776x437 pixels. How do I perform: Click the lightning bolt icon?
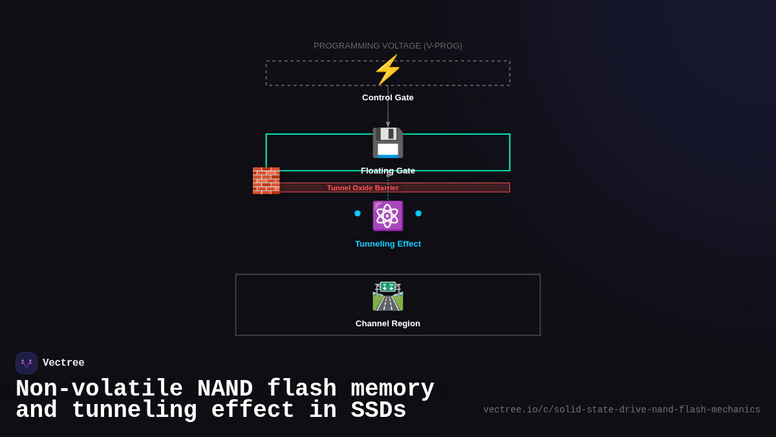[x=388, y=70]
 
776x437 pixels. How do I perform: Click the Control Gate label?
[x=388, y=98]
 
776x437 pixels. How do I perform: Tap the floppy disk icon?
[x=388, y=142]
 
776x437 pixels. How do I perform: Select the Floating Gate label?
[x=388, y=171]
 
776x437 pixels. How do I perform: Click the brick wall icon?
[x=266, y=181]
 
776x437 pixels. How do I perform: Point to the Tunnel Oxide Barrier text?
[x=363, y=188]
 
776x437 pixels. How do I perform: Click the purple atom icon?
[x=388, y=216]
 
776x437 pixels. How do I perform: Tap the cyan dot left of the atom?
[x=358, y=214]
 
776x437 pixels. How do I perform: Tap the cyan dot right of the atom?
[x=418, y=214]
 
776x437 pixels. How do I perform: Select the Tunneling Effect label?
[x=388, y=244]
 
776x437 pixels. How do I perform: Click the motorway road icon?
[x=388, y=296]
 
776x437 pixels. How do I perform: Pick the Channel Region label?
[x=388, y=324]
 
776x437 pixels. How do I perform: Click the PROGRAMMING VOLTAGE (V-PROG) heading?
[x=388, y=46]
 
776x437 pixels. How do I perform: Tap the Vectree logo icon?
[x=27, y=363]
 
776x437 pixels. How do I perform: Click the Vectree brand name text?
[x=63, y=363]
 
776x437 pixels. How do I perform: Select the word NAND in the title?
[x=224, y=389]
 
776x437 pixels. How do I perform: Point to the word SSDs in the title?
[x=378, y=410]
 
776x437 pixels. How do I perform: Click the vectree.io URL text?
[x=621, y=410]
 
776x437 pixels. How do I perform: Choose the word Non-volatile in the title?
[x=99, y=389]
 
